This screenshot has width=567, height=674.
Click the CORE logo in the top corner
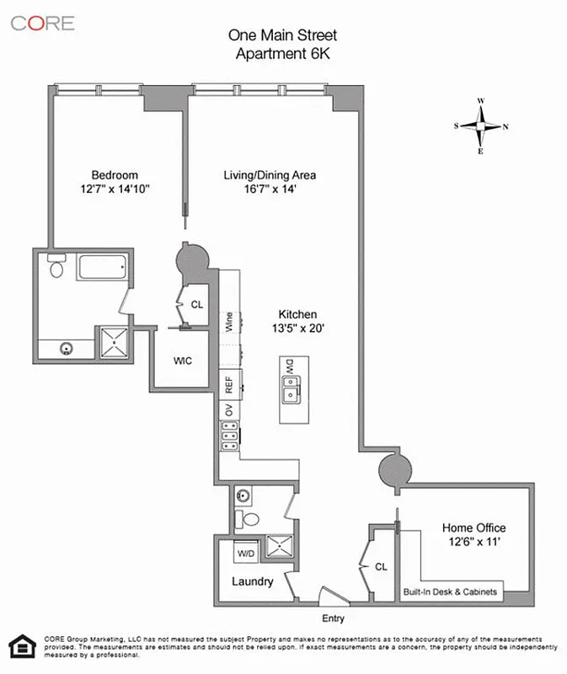click(x=43, y=23)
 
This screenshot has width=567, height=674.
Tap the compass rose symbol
click(x=481, y=126)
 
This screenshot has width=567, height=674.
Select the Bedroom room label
click(x=115, y=175)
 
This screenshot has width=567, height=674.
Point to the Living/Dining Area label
click(x=269, y=175)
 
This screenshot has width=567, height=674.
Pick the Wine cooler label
click(x=228, y=321)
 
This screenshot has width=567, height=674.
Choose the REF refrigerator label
click(x=228, y=384)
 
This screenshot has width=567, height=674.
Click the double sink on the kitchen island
click(x=290, y=390)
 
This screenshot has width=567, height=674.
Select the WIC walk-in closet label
click(x=183, y=361)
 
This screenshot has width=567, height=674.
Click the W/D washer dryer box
click(x=247, y=554)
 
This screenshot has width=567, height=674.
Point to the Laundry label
click(x=252, y=581)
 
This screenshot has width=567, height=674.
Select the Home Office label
click(x=473, y=528)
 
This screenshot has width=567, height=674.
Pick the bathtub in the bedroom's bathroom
click(x=99, y=270)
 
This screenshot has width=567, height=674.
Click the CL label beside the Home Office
click(x=380, y=567)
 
